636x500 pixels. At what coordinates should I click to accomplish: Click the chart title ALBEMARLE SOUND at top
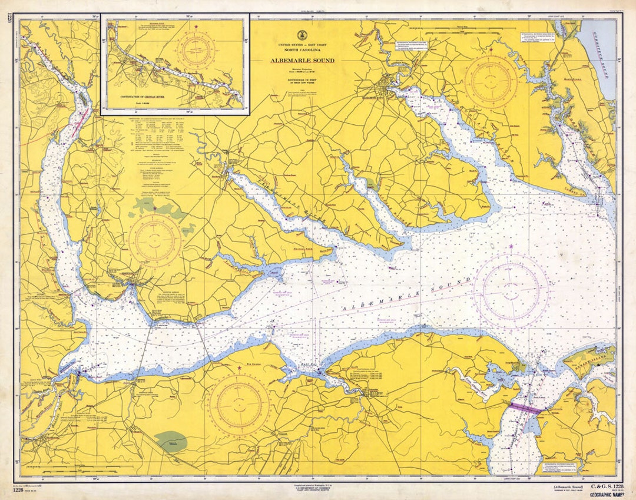[302, 61]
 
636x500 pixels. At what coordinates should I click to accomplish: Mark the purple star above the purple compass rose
[511, 246]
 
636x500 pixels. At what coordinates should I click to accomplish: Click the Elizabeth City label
[377, 98]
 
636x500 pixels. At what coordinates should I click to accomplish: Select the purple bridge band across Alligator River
[525, 408]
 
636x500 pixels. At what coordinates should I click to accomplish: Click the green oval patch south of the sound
[171, 442]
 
